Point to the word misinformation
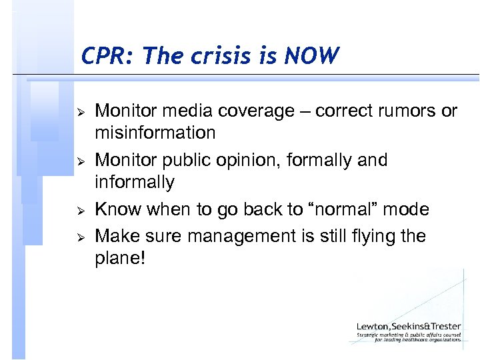[x=155, y=133]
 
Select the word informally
[x=134, y=182]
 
